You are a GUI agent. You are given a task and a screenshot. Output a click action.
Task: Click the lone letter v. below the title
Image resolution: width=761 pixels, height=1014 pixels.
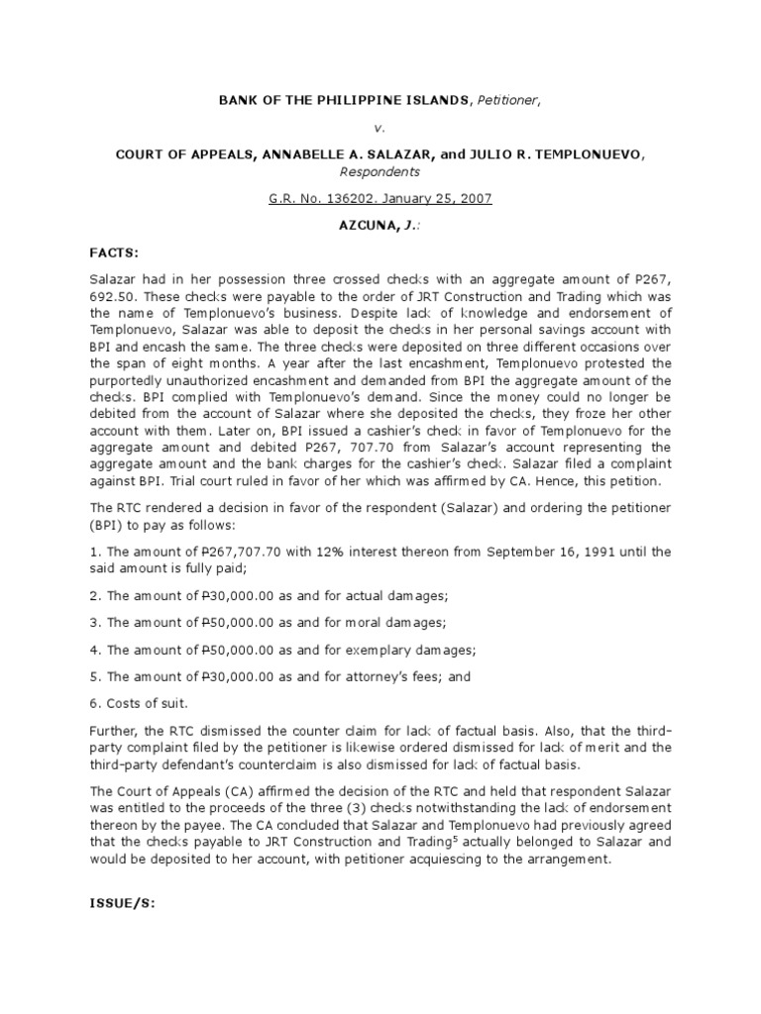(x=380, y=127)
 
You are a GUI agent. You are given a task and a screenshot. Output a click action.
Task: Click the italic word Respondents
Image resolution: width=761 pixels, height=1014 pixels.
(x=380, y=170)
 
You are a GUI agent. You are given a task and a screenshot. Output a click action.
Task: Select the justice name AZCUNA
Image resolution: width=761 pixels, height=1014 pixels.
(x=368, y=226)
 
